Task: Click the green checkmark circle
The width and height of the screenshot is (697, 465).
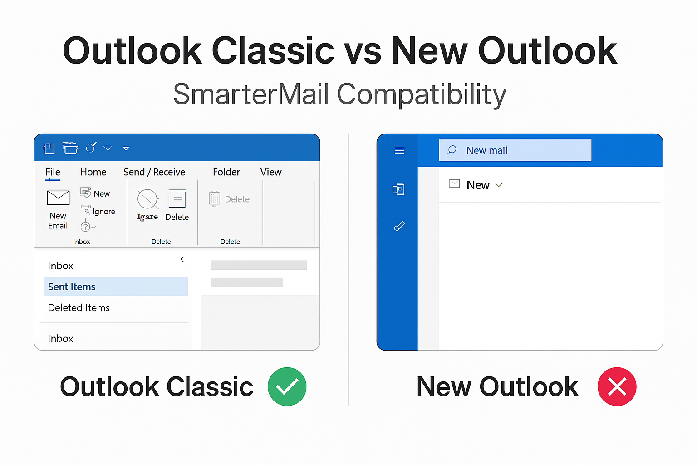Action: (x=287, y=386)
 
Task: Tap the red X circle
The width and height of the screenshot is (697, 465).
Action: (x=617, y=386)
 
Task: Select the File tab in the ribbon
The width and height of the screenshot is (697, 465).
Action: (x=53, y=172)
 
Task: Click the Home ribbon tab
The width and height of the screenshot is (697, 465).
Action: (x=93, y=172)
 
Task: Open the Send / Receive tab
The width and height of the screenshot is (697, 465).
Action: (x=154, y=172)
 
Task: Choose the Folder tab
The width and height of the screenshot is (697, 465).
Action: (x=226, y=172)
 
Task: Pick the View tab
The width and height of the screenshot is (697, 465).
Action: (x=271, y=172)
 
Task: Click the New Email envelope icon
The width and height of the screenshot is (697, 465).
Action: (x=58, y=198)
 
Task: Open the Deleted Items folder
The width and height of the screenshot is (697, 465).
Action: (x=79, y=308)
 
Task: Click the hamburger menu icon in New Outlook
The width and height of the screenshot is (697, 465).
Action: (x=399, y=151)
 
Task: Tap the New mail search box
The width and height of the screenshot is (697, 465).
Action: (x=515, y=150)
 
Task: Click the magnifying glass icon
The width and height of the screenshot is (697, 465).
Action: (x=452, y=150)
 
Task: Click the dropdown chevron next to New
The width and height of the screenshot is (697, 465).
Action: (x=499, y=185)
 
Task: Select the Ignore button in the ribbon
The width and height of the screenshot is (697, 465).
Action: (x=98, y=212)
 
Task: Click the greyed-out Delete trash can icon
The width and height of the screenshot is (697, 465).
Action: (x=215, y=198)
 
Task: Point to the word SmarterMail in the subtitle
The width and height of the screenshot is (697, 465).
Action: (x=251, y=94)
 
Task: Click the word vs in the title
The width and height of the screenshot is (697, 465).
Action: (x=363, y=51)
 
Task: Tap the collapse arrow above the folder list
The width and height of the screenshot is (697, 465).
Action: (x=182, y=259)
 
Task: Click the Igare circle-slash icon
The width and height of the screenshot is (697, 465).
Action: (x=147, y=199)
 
